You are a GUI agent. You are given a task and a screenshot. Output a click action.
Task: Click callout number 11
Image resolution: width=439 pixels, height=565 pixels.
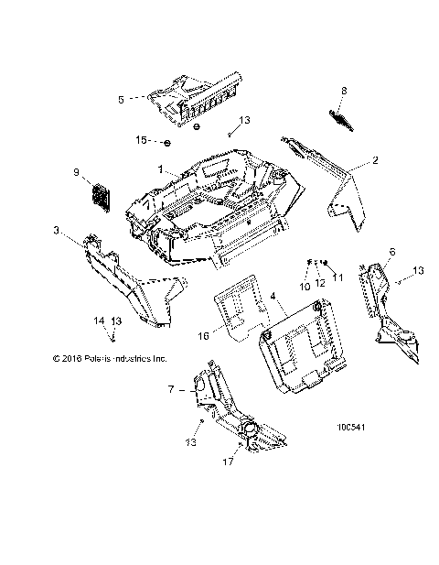[x=337, y=278]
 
